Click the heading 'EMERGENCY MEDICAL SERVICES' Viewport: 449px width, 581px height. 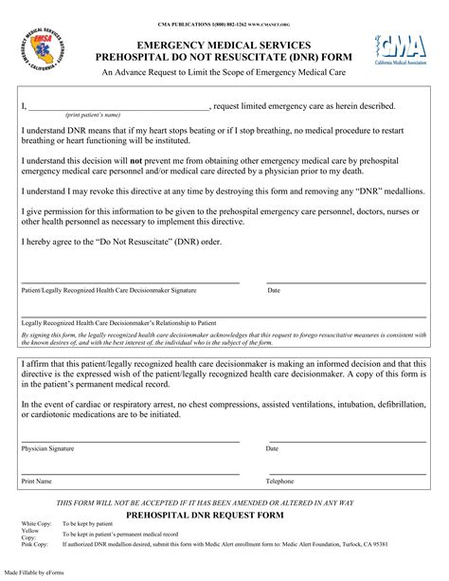pos(224,45)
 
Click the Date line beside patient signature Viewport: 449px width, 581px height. pos(347,282)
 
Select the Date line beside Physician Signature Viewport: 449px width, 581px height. pos(347,440)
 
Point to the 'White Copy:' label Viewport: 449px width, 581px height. pos(38,523)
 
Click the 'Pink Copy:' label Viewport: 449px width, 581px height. pos(37,546)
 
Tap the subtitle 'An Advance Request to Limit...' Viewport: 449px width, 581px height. pos(224,72)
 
